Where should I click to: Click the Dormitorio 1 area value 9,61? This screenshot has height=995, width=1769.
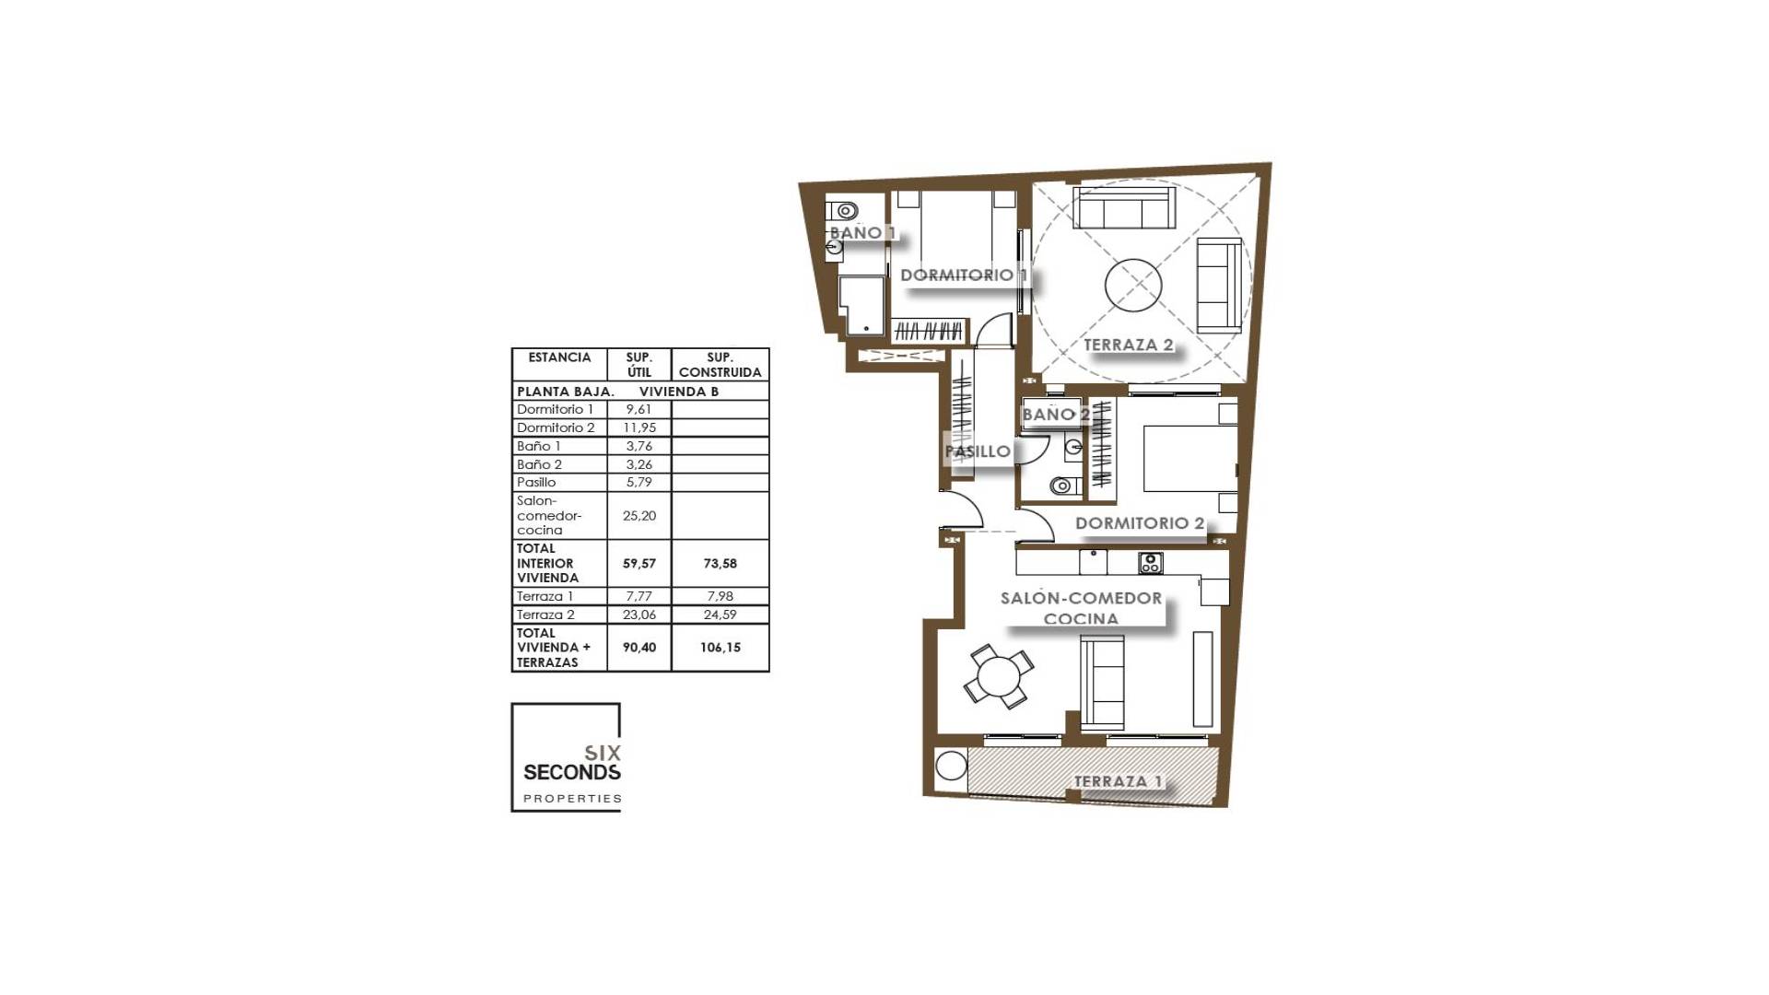click(638, 409)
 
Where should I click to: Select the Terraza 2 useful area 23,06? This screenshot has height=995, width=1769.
click(638, 615)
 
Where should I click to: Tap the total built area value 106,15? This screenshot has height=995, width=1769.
click(720, 648)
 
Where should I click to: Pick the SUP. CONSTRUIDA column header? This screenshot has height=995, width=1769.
click(720, 365)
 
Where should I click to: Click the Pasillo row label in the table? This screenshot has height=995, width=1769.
click(536, 482)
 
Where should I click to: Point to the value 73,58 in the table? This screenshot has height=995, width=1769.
click(720, 563)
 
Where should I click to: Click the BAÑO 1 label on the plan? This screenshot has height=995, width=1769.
click(862, 233)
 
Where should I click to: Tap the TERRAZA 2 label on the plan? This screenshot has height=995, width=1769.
click(1129, 345)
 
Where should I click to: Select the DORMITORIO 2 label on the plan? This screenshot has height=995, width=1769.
click(1140, 523)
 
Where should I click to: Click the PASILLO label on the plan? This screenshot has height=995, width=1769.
click(978, 451)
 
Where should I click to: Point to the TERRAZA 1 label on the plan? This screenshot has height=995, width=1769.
click(1118, 781)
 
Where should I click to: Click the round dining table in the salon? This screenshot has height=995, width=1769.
click(999, 677)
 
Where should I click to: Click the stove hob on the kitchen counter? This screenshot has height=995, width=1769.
click(1150, 562)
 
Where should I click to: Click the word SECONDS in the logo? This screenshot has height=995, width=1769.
click(571, 772)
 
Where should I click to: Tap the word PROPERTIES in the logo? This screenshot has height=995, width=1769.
click(572, 799)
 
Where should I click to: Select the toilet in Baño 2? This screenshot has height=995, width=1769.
click(1063, 485)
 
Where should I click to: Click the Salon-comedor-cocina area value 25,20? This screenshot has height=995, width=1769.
click(638, 516)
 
